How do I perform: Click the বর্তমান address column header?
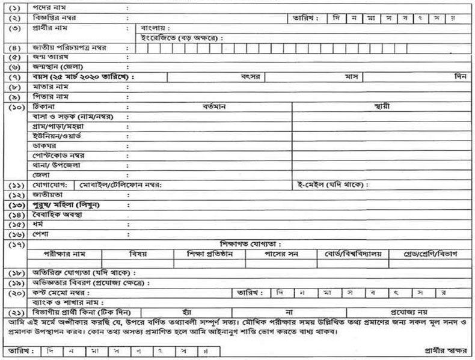pyautogui.click(x=209, y=106)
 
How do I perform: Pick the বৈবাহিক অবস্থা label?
pyautogui.click(x=57, y=215)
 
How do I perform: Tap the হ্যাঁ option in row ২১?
pyautogui.click(x=195, y=313)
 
